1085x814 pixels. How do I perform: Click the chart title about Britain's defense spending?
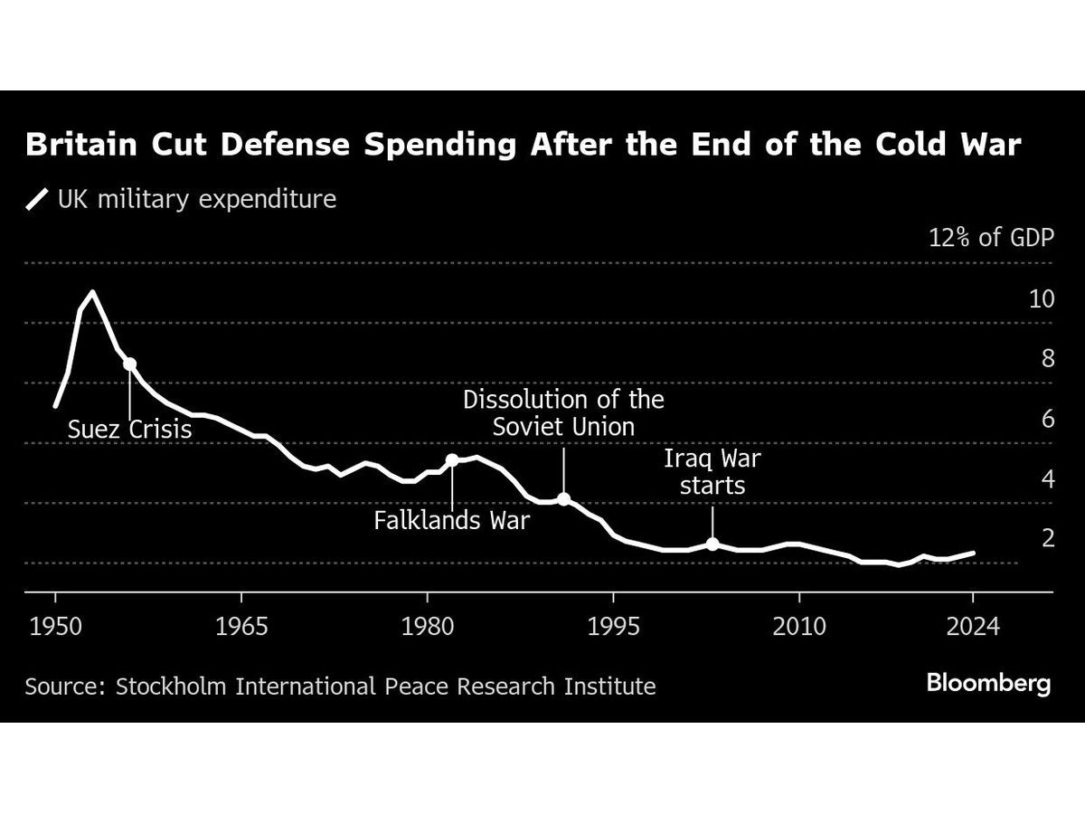coord(524,145)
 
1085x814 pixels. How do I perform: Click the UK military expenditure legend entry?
coord(181,199)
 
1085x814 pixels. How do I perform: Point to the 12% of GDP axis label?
coord(991,239)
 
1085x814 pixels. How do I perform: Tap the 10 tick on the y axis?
coord(1042,299)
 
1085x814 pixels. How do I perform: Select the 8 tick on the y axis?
coord(1047,359)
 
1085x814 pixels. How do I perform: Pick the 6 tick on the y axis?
coord(1047,419)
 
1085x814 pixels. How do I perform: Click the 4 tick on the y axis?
coord(1047,478)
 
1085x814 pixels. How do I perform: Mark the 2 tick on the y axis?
coord(1047,538)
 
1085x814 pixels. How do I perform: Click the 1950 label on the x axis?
coord(55,626)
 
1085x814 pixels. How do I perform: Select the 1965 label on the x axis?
coord(241,626)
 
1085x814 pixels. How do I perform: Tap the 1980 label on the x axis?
coord(427,626)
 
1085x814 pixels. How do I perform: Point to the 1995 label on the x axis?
coord(613,626)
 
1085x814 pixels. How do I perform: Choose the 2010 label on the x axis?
coord(799,626)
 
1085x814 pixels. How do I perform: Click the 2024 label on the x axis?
coord(973,626)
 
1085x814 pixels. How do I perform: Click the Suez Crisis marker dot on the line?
coord(130,364)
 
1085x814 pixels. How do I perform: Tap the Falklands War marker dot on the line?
coord(452,459)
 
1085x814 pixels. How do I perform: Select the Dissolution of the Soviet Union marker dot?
coord(563,498)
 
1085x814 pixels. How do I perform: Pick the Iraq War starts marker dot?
coord(712,544)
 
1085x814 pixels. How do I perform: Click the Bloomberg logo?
coord(988,684)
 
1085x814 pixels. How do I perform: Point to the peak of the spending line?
coord(92,292)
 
